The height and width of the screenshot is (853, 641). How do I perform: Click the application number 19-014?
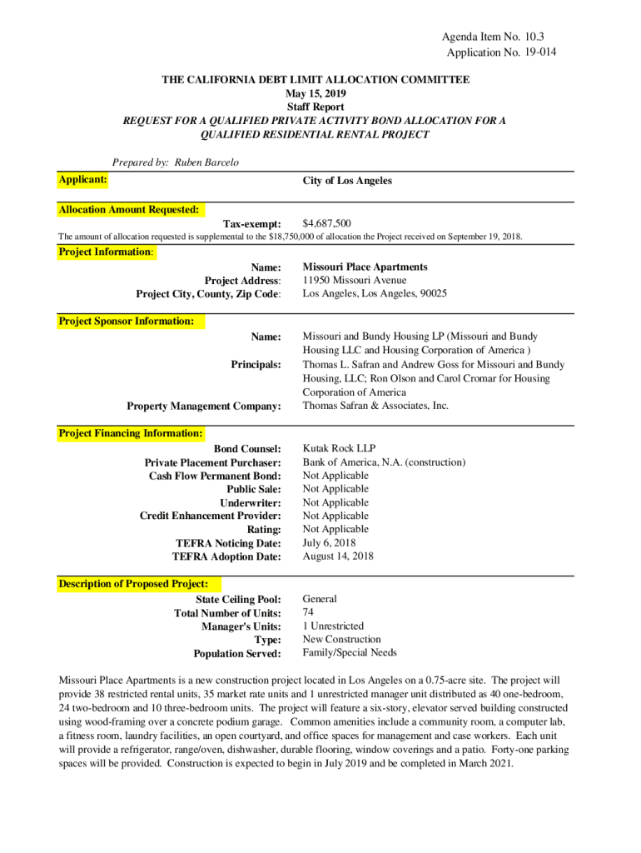(538, 52)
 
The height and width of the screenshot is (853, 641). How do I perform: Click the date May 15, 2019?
(316, 93)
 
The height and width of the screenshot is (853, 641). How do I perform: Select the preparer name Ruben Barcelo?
(206, 162)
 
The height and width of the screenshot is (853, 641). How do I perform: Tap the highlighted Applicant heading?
(82, 180)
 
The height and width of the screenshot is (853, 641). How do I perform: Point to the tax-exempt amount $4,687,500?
(326, 223)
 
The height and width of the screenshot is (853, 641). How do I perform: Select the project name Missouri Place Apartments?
(365, 267)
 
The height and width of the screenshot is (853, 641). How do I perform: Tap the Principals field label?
(256, 365)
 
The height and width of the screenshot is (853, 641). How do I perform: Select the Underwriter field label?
(250, 503)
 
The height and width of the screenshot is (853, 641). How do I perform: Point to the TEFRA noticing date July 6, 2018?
(329, 542)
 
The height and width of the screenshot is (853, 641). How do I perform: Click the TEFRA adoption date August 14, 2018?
(338, 556)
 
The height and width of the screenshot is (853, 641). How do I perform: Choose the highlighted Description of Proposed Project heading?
(133, 584)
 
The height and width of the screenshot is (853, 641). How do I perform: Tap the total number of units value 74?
(308, 612)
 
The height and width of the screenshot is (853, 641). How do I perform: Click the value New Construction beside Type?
(341, 639)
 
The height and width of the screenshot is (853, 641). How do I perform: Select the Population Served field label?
(237, 654)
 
